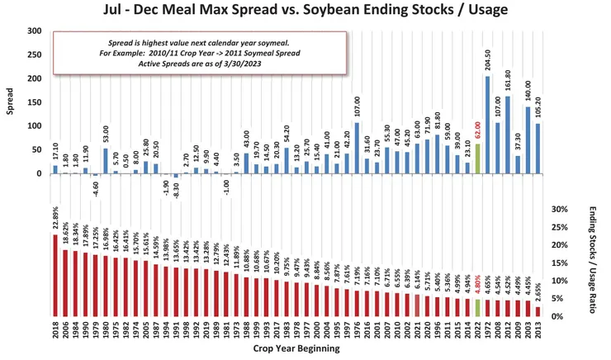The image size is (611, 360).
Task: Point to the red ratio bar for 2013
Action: [x=538, y=311]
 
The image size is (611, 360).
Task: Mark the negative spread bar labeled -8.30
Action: [x=176, y=176]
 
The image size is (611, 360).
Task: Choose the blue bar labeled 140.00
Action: [x=528, y=140]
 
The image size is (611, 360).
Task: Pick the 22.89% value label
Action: [x=55, y=220]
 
